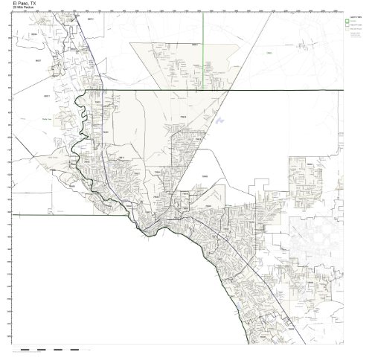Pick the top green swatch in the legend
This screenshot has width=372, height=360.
point(347,21)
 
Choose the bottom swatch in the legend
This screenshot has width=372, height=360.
point(347,28)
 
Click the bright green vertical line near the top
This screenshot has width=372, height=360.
point(203,30)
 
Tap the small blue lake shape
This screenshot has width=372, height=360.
point(221,118)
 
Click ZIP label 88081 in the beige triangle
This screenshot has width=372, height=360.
point(196,45)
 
